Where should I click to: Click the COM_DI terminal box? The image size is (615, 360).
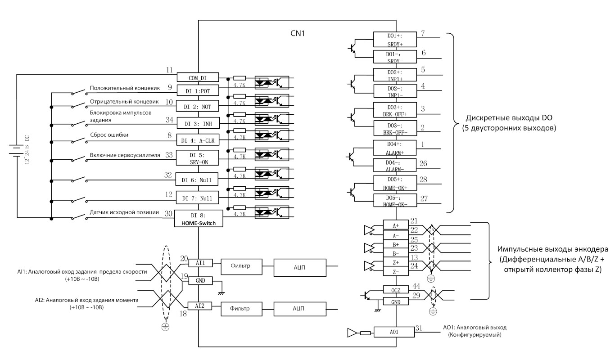[x=198, y=77]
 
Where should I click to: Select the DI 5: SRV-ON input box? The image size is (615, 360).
[x=197, y=158]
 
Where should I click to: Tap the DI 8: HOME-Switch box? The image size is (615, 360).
[x=199, y=218]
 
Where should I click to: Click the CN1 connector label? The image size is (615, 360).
[x=298, y=33]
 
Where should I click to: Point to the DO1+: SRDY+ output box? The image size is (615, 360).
[x=395, y=39]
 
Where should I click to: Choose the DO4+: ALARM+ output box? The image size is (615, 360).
[x=394, y=148]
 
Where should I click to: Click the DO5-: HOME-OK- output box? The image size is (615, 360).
[x=395, y=200]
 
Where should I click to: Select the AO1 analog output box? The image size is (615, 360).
[x=394, y=332]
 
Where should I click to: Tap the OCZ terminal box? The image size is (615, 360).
[x=396, y=290]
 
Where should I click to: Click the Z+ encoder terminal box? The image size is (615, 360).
[x=396, y=262]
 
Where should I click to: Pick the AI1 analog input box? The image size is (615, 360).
[x=200, y=263]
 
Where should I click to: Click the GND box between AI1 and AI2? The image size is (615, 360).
[x=200, y=280]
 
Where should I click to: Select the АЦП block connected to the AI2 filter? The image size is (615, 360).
[x=300, y=309]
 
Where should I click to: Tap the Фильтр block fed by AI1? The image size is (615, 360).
[x=241, y=267]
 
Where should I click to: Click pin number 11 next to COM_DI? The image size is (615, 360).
[x=169, y=70]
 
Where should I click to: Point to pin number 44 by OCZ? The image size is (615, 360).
[x=416, y=286]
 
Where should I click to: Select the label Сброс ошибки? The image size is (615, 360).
[x=109, y=135]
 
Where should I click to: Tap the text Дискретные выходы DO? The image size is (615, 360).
[x=509, y=118]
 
